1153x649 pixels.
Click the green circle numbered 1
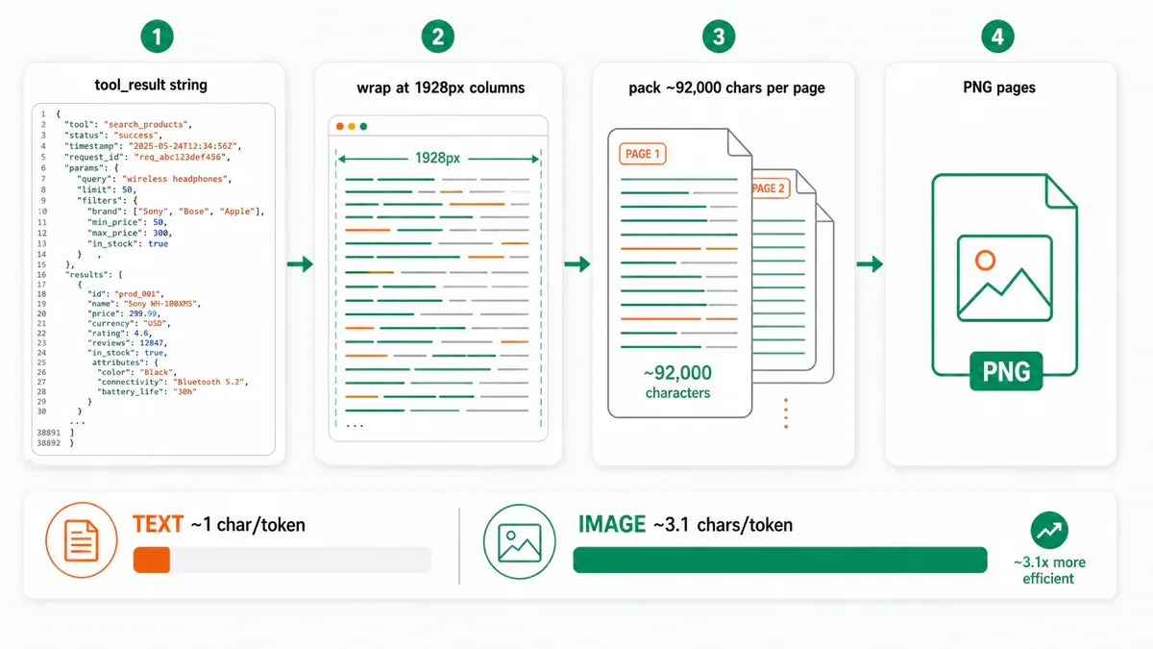coord(157,37)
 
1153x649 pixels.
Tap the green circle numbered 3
coord(719,37)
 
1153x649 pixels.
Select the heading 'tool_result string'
coord(151,85)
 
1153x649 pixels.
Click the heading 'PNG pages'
coord(999,87)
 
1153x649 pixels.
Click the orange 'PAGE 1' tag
coord(643,154)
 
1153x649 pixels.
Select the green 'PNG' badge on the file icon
coord(1006,371)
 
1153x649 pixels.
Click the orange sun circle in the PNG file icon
coord(985,261)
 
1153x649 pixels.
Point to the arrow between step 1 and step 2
coord(300,264)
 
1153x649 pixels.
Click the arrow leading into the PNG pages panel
coord(870,264)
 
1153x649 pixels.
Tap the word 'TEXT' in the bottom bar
coord(158,524)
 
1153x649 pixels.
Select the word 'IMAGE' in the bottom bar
coord(611,524)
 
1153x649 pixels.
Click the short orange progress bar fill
coord(152,560)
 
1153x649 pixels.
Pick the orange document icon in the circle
coord(82,540)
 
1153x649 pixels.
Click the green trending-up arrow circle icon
coord(1049,530)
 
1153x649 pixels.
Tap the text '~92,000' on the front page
coord(677,373)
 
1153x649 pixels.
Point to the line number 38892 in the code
coord(48,443)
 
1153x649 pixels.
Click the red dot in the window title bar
coord(340,126)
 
